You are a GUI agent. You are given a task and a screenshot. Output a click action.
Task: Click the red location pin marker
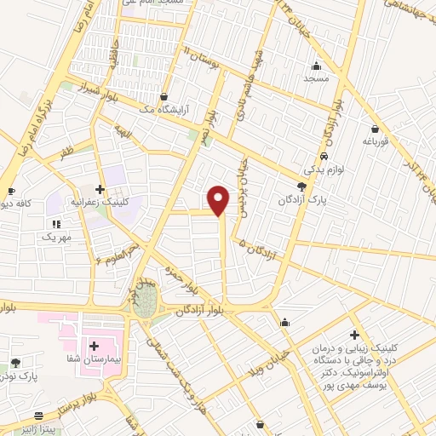[x=219, y=199]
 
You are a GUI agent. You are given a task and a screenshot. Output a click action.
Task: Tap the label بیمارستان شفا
[x=104, y=359]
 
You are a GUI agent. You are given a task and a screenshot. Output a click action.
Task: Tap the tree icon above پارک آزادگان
[x=301, y=186]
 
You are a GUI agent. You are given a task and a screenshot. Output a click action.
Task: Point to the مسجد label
[x=317, y=77]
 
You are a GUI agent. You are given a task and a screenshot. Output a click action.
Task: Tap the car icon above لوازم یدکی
[x=324, y=158]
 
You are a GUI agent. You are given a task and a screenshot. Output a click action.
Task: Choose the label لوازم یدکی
[x=324, y=170]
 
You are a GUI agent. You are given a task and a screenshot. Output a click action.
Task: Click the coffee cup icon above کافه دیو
[x=11, y=191]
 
